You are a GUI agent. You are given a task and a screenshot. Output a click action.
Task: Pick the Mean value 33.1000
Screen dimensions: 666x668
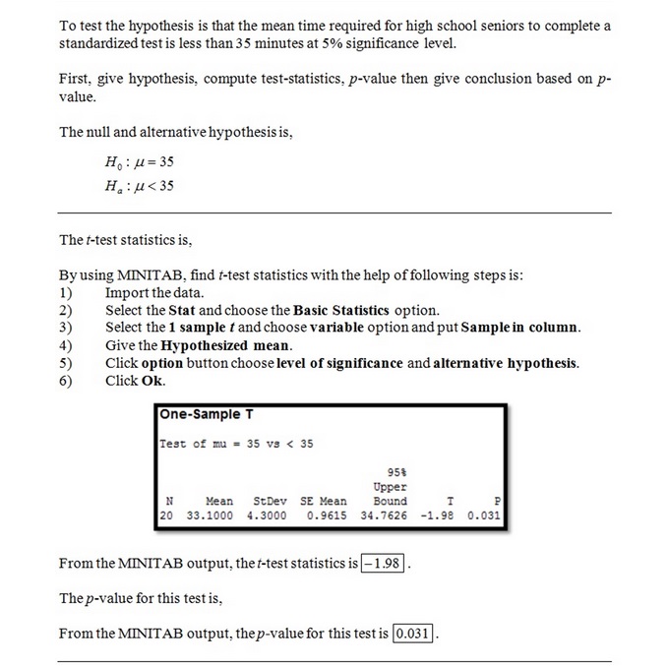[x=210, y=515]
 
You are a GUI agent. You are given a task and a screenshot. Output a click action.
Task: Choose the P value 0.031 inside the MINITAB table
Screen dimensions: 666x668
[x=485, y=515]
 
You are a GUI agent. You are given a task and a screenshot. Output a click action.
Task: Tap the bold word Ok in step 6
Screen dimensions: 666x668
[x=154, y=381]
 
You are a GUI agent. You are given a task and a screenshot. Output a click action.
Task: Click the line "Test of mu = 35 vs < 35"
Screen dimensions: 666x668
[x=237, y=443]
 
